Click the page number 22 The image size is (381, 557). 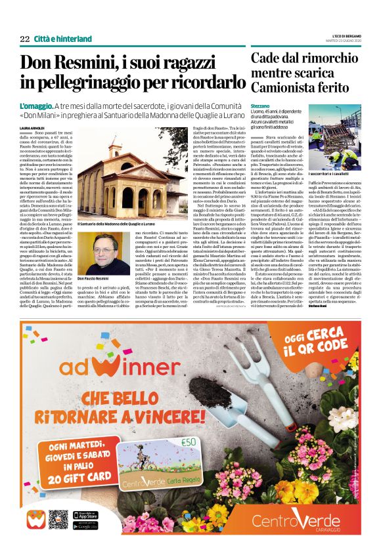coord(25,39)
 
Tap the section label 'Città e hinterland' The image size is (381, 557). coord(63,39)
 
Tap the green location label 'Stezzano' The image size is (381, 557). coord(260,105)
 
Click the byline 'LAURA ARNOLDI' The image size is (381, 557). coord(32,128)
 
